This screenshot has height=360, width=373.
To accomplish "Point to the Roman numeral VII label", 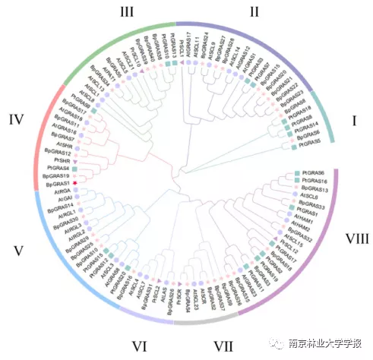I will tap(223, 347).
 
